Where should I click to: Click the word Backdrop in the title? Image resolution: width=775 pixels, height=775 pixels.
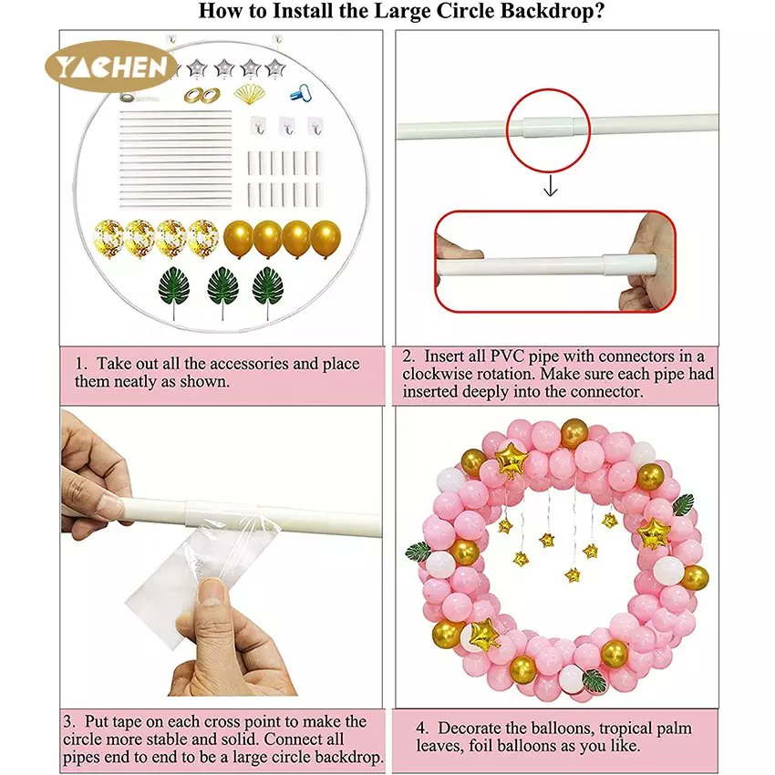528,12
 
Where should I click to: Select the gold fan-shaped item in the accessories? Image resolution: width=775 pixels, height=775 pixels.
249,93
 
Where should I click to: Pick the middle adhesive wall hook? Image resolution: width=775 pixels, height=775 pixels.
286,127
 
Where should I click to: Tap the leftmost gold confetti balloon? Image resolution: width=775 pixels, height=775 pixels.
109,237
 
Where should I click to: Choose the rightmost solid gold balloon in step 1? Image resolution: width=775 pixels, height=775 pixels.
325,238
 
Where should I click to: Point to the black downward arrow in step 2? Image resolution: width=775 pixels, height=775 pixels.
550,188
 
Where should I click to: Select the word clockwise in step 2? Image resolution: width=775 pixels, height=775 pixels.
439,374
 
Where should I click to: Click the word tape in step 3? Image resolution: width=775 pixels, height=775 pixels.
148,721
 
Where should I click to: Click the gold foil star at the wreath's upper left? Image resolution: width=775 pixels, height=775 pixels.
511,460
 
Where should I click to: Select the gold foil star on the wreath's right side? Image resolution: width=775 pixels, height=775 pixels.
653,533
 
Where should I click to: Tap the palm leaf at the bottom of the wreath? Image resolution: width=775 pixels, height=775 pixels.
595,680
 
